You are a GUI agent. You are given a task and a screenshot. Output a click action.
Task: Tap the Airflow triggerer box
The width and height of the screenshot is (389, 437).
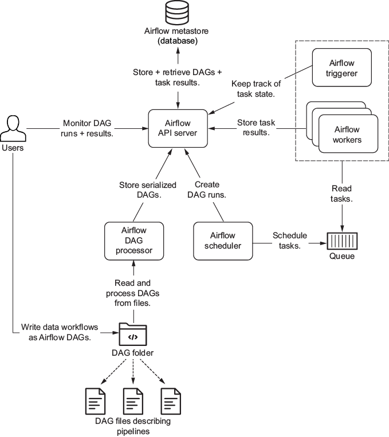coord(341,68)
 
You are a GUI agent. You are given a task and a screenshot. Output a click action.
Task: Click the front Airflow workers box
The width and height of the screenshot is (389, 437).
coord(348,134)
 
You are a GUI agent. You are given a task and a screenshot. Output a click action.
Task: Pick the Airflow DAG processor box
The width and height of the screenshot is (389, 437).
coord(133,241)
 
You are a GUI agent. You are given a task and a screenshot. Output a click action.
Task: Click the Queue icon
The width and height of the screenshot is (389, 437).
coord(342,239)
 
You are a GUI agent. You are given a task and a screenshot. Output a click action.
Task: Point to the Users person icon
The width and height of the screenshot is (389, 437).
coord(13,129)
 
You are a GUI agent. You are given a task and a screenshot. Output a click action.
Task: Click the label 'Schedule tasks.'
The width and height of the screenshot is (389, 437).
coord(289,240)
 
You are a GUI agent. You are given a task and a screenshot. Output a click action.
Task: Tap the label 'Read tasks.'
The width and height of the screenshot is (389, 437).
coord(342,193)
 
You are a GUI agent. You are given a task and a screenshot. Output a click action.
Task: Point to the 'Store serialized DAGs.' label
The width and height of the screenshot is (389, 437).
coord(147,190)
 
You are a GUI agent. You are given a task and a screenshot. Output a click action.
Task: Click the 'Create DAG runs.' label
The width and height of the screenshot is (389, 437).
coord(206,190)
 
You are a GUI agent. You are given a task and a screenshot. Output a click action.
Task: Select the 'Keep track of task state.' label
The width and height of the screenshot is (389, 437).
coord(256,89)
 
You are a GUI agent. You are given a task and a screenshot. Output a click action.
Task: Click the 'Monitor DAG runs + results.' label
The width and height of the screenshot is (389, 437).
coord(88,128)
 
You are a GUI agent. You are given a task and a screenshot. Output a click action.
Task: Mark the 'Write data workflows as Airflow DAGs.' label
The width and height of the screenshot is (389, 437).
coord(60,332)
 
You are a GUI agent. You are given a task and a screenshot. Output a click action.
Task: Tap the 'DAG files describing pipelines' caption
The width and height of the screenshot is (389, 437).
coord(133,426)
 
